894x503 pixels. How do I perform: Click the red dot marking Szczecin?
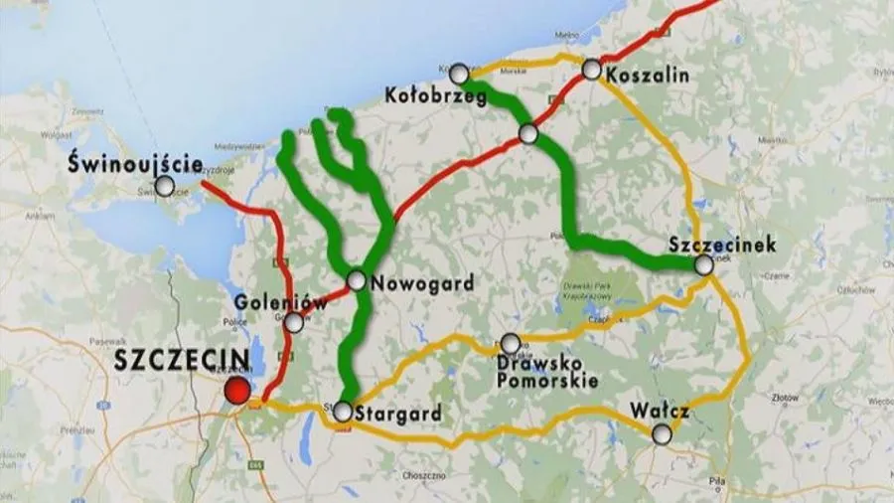[236, 391]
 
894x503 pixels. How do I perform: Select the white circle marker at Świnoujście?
[165, 186]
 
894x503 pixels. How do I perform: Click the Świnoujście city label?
[137, 164]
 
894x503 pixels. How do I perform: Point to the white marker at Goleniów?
[294, 322]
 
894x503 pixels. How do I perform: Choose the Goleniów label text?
[266, 301]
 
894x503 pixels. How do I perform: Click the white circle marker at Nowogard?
[356, 281]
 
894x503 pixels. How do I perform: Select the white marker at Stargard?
[342, 411]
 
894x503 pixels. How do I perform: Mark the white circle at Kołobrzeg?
[459, 74]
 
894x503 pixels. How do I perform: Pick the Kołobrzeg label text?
[434, 96]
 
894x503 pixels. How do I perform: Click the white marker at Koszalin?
[592, 70]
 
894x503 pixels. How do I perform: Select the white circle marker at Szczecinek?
[704, 264]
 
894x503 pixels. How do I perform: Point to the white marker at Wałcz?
[662, 433]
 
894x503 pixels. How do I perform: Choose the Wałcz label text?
[659, 411]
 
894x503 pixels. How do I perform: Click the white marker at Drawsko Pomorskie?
[510, 344]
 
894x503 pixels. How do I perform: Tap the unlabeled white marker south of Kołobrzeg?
[528, 133]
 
